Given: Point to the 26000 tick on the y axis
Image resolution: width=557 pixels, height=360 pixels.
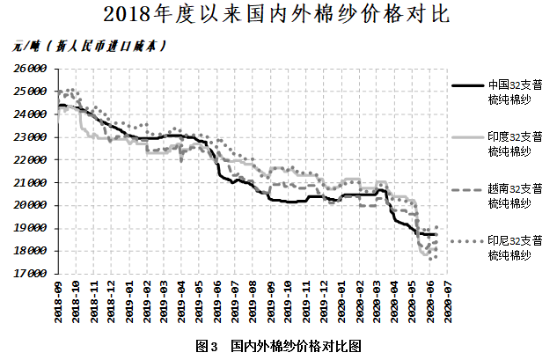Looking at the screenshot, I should [30, 68].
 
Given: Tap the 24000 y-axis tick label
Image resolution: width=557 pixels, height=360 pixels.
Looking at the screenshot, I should [30, 114].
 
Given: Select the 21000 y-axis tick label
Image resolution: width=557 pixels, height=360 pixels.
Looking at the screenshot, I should [30, 182].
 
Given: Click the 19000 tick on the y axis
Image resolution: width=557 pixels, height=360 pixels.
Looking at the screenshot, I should [30, 227].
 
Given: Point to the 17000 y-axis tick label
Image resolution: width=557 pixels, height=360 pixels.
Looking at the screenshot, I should [30, 273].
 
